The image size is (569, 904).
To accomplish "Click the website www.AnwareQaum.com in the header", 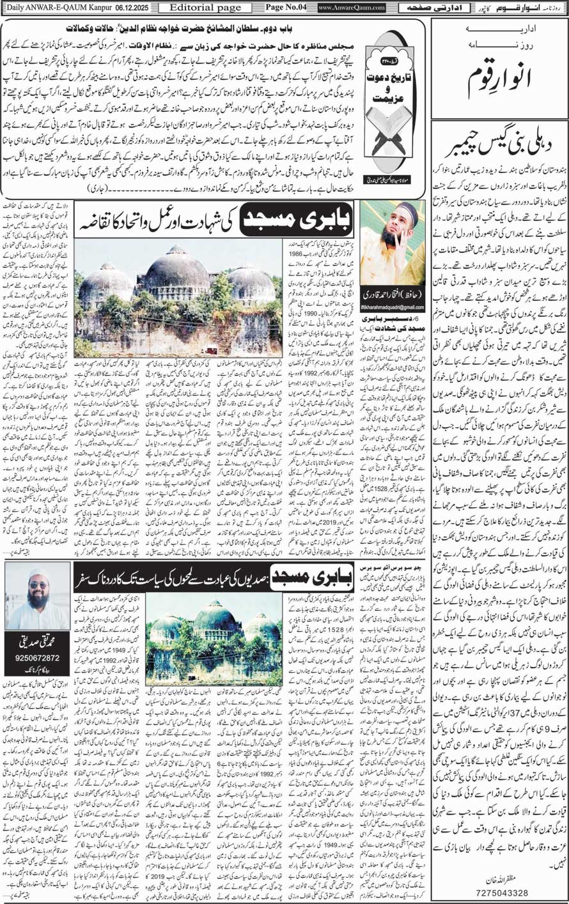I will tap(351, 8).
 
